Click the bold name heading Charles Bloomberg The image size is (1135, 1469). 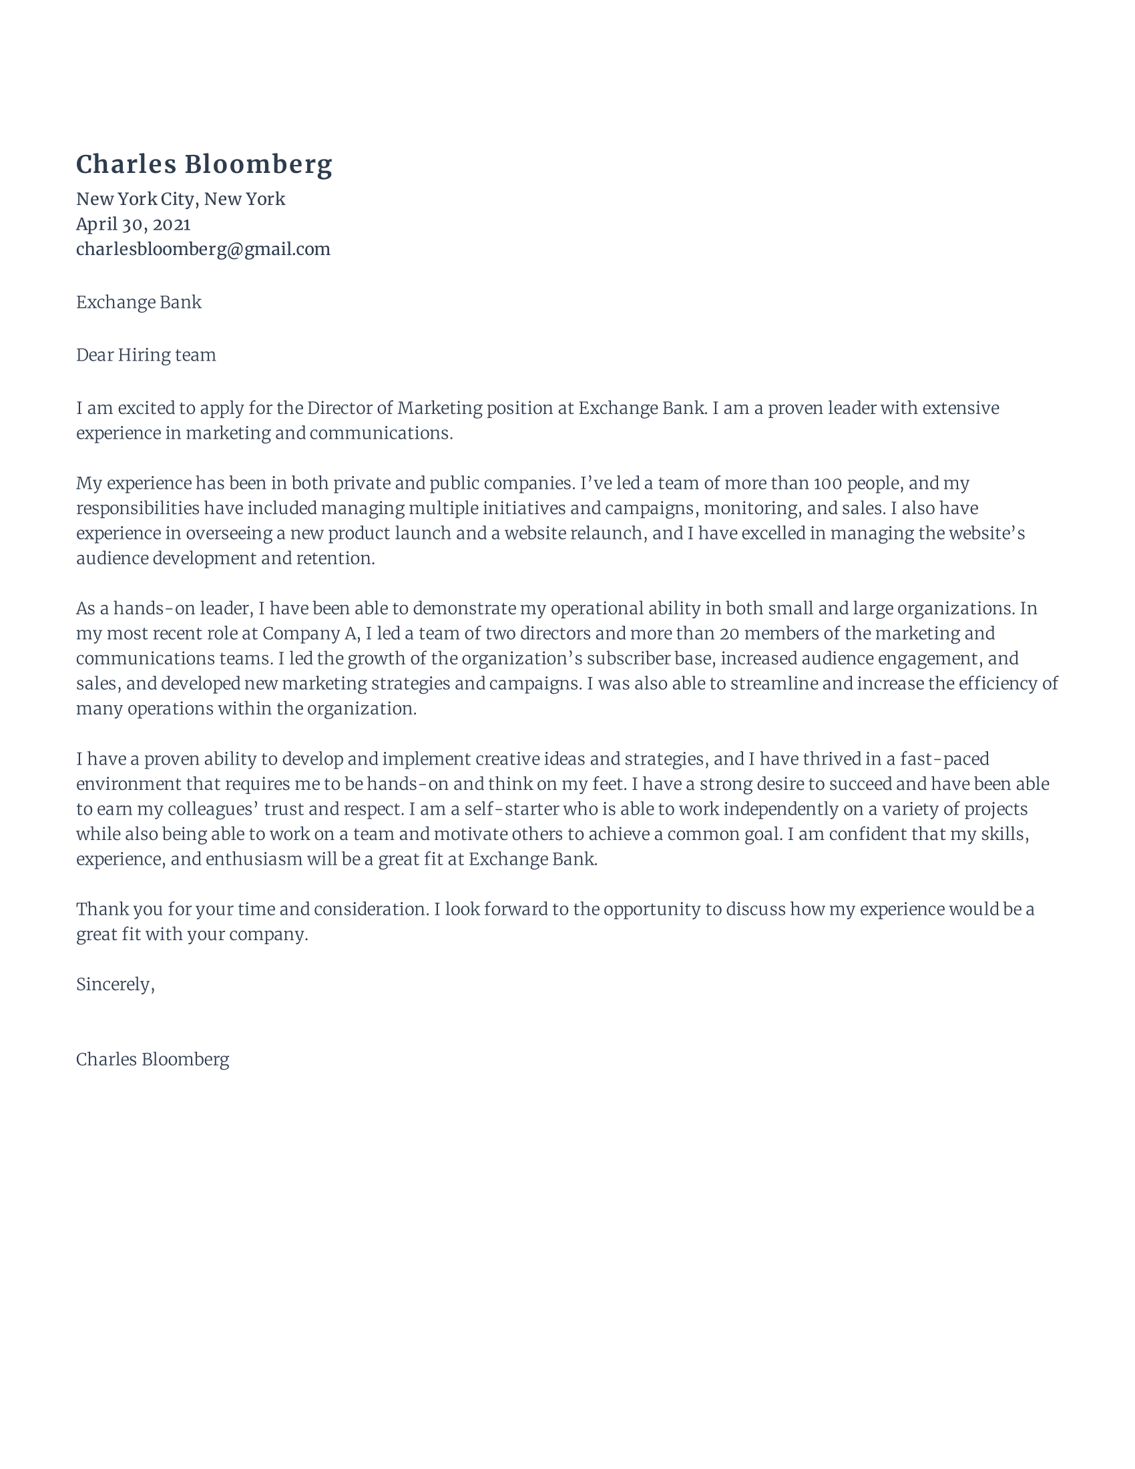[x=204, y=165]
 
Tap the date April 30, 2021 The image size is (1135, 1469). [x=133, y=224]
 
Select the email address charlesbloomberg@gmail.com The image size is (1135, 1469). [x=203, y=250]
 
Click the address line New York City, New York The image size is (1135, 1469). [x=180, y=199]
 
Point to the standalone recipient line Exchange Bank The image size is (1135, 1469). [x=138, y=302]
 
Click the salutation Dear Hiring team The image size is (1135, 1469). [x=146, y=355]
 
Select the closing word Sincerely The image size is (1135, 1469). [x=115, y=985]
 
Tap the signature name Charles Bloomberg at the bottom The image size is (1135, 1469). [x=153, y=1060]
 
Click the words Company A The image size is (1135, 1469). [x=309, y=634]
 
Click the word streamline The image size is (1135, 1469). [x=773, y=684]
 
